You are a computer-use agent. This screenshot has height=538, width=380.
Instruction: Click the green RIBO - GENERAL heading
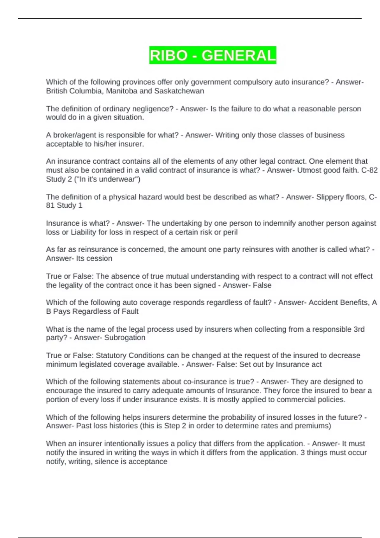coord(212,55)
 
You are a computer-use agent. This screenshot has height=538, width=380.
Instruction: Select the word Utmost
coord(309,170)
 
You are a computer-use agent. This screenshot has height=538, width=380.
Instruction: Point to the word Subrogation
coord(125,338)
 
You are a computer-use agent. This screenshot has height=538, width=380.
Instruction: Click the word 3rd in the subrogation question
coord(359,329)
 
